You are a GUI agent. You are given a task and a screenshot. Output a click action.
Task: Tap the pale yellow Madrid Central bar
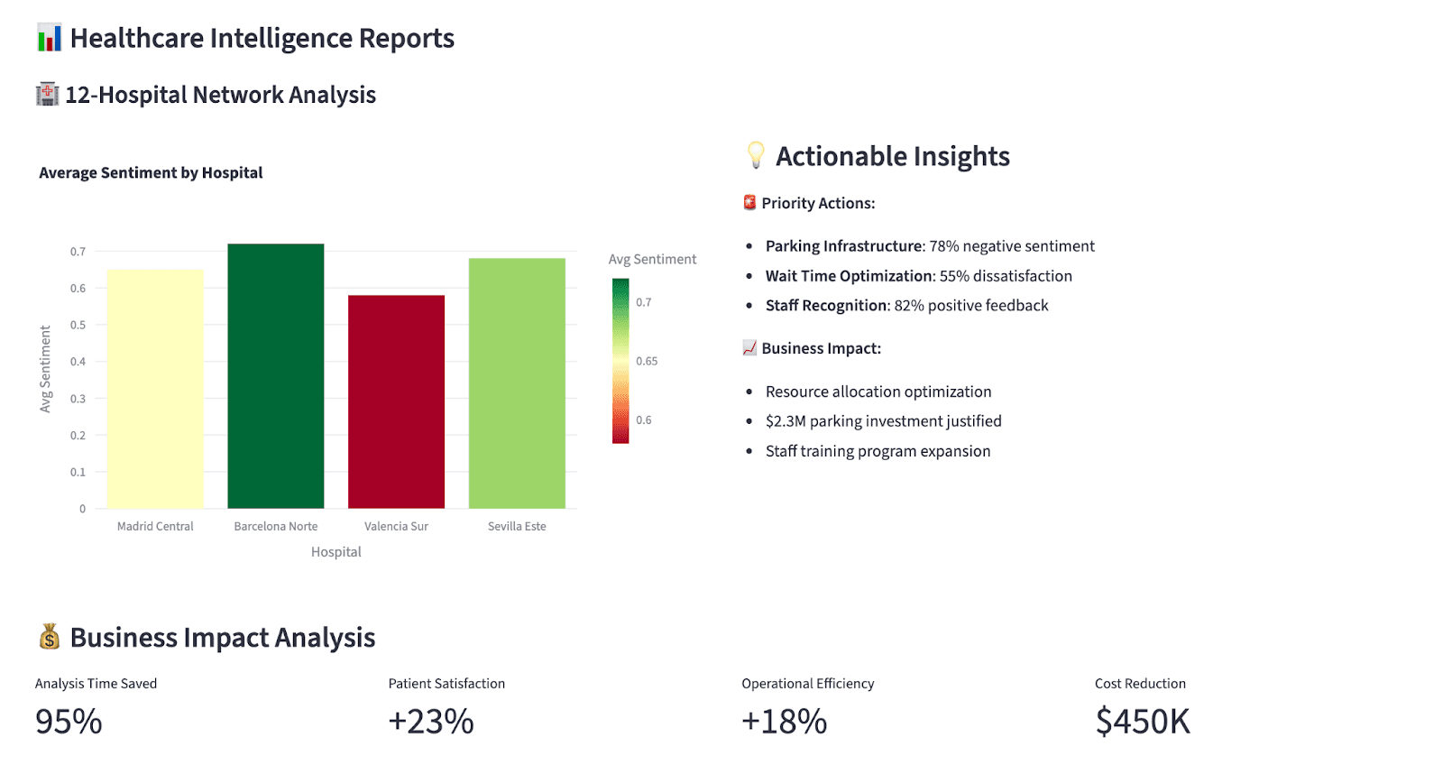coord(155,388)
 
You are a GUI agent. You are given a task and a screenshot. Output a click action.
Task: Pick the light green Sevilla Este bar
coord(517,383)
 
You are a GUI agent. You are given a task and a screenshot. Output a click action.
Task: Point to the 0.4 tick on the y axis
coord(78,362)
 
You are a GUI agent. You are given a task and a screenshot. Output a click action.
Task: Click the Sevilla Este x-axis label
coord(517,526)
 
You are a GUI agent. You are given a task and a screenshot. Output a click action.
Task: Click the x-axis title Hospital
coord(335,552)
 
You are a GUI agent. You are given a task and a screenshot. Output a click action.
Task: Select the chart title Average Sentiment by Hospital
coord(151,172)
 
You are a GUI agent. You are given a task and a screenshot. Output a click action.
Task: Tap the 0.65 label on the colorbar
coord(647,361)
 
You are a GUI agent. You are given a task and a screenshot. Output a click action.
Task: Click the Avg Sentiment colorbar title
coord(652,259)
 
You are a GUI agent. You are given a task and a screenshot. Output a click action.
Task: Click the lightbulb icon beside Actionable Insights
coord(756,155)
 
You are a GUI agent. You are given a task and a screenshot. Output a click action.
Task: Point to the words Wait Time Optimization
coord(849,276)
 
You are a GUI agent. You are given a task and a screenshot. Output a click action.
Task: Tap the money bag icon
coord(49,637)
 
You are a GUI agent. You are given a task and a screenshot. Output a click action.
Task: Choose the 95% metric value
coord(69,722)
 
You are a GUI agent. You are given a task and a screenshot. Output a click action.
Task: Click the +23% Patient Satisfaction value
coord(431,722)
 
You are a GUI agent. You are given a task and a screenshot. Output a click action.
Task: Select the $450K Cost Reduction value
coord(1143,722)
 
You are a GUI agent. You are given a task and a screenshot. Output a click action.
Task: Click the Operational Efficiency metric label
coord(807,684)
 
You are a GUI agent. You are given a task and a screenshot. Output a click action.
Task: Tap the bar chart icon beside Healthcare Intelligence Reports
coord(50,38)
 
